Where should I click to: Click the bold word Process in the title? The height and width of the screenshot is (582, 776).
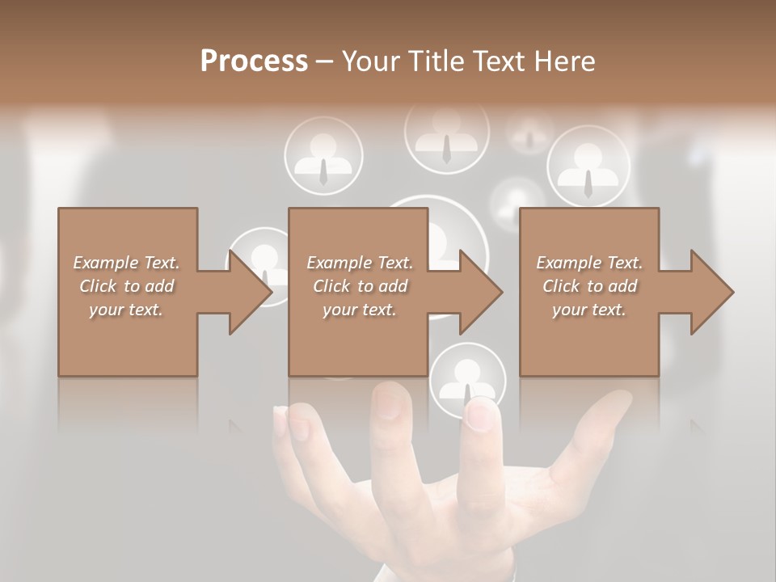point(254,61)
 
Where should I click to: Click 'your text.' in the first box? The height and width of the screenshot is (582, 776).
point(126,310)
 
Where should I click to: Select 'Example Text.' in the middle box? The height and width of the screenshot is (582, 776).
point(360,263)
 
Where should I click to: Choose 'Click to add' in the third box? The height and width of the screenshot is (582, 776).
point(589,286)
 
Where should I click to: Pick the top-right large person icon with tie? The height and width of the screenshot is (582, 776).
point(588,167)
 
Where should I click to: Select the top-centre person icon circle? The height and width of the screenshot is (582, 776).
point(446,133)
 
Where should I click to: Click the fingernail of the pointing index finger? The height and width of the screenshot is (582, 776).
point(480,415)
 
